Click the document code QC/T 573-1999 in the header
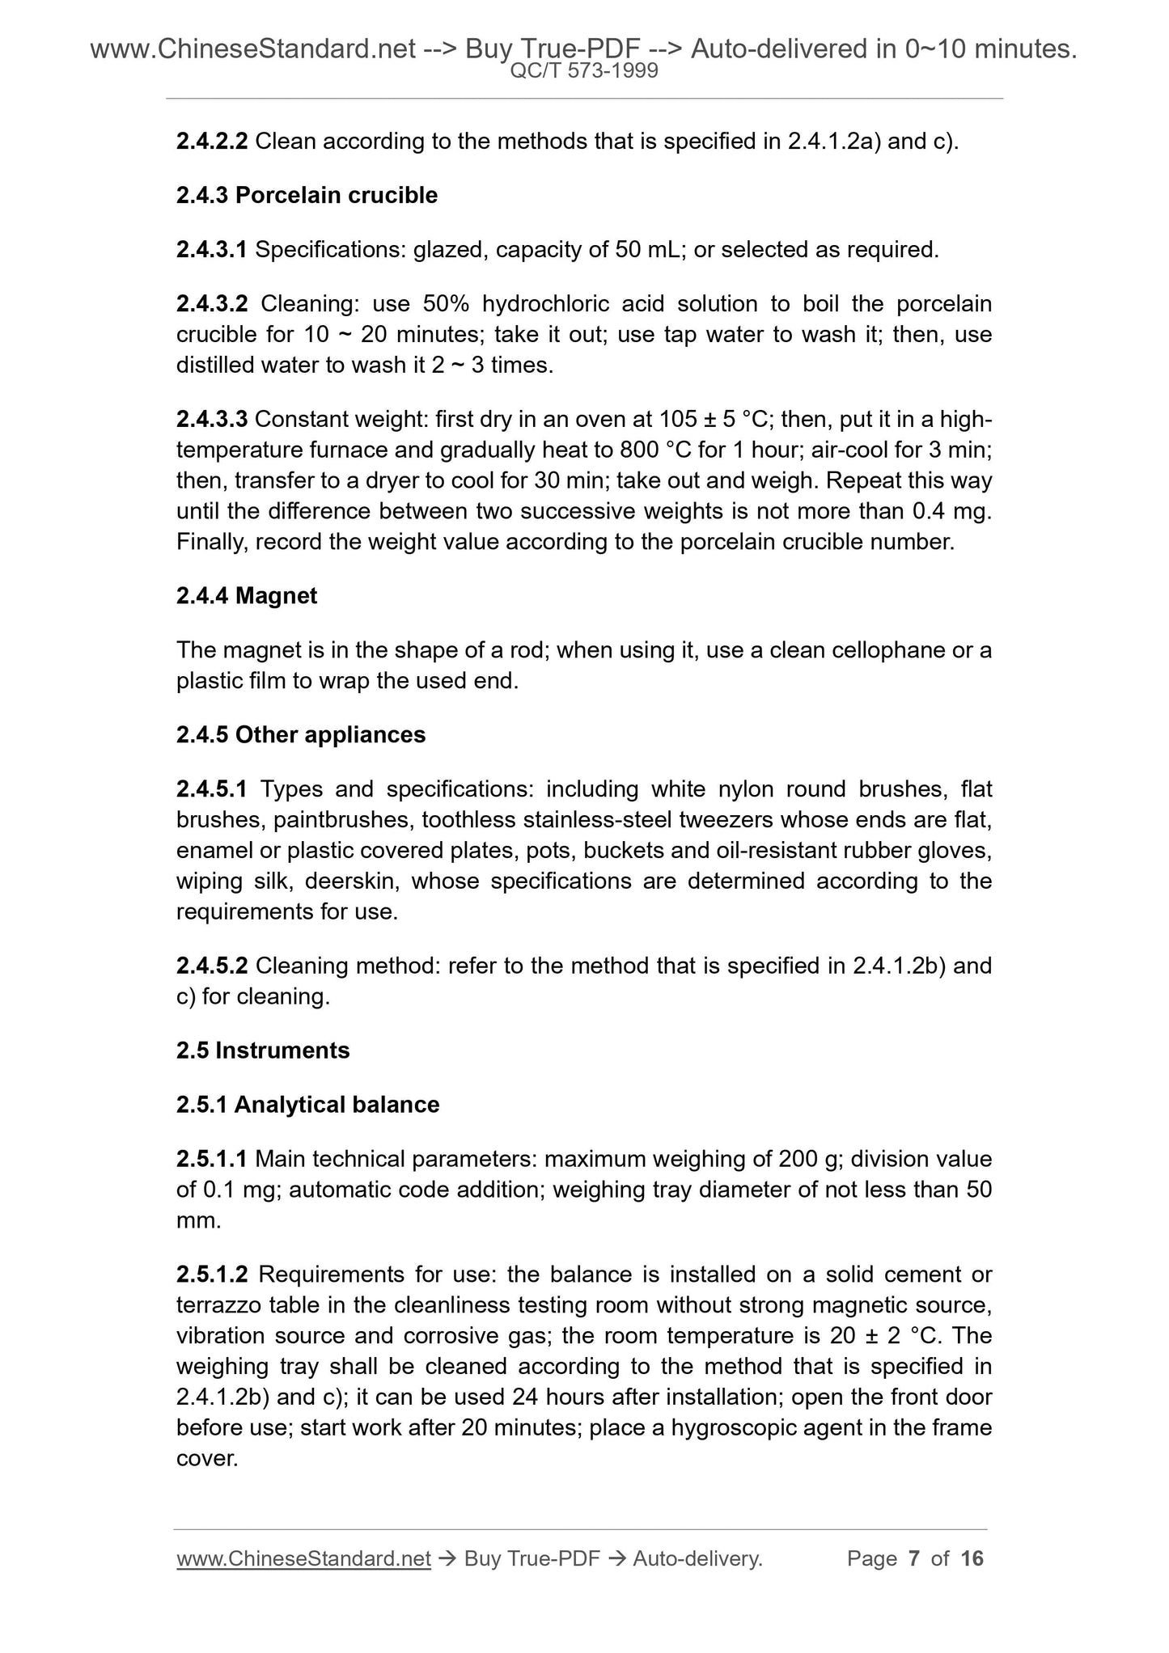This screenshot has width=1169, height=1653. click(584, 71)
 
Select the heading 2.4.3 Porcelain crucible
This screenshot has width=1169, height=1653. click(307, 196)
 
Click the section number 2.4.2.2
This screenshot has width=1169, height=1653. click(212, 142)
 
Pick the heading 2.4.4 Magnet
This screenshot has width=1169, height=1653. click(246, 596)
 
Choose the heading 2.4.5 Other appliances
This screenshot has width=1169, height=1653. click(300, 735)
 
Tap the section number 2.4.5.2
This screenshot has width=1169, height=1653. click(212, 966)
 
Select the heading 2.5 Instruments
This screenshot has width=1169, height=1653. click(263, 1051)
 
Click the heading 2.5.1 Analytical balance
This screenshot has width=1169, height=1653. click(307, 1106)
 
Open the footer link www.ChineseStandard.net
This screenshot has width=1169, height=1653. click(303, 1558)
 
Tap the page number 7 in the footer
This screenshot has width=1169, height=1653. click(915, 1558)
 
